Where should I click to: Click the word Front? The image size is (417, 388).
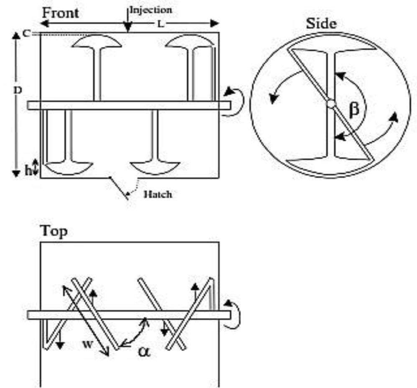click(60, 13)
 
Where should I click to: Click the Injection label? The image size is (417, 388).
click(151, 10)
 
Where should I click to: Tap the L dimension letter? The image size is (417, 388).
click(161, 24)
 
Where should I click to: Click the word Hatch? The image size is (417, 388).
click(158, 194)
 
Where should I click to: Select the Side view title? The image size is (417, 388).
click(321, 23)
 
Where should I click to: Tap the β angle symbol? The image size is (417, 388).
click(354, 110)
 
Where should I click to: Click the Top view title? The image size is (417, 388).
click(54, 231)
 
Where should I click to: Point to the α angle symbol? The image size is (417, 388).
click(144, 351)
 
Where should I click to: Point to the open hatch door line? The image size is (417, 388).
click(119, 188)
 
